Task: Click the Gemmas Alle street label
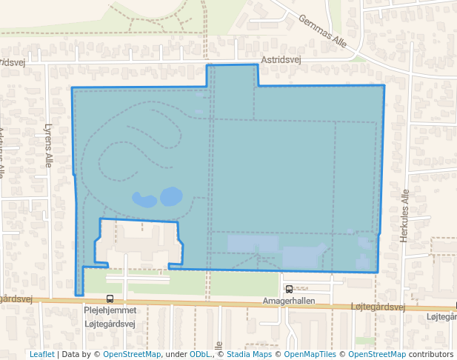coord(322,30)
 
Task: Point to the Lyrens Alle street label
coord(48,145)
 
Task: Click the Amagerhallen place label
coord(289,301)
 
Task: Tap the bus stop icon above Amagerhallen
coord(289,290)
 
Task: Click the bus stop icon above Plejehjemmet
coord(110,299)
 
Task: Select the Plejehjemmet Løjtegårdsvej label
coord(111,318)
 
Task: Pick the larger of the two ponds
coord(171,196)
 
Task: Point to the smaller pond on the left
coord(144,199)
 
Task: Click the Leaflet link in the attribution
coord(41,354)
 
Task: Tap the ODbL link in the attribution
coord(200,354)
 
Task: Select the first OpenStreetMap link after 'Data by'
coord(132,354)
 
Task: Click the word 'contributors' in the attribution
coord(430,354)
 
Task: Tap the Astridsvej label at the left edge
coord(13,63)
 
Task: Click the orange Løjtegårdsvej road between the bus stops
coord(200,302)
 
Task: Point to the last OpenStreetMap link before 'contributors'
coord(376,354)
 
